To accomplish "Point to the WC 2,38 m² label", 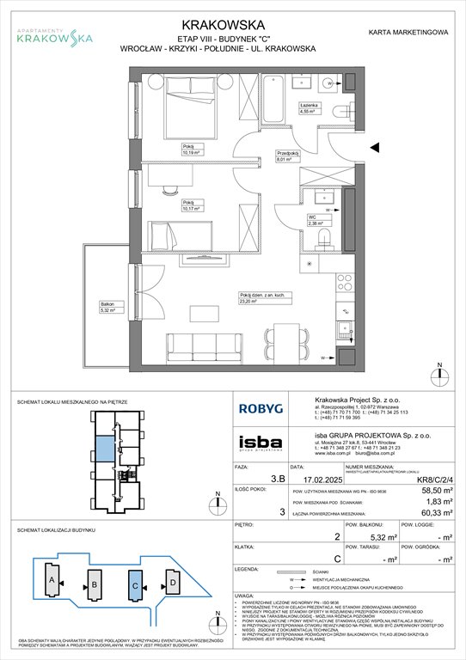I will pos(316,220).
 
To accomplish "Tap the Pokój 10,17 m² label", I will pos(190,205).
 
